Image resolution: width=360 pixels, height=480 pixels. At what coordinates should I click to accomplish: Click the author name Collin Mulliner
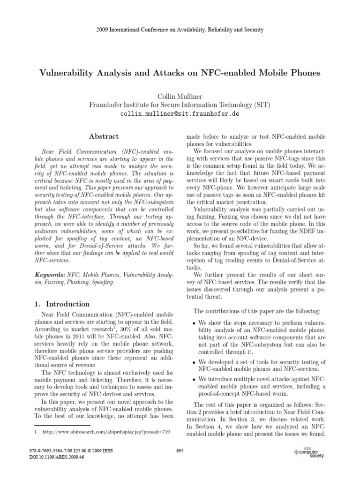point(180,96)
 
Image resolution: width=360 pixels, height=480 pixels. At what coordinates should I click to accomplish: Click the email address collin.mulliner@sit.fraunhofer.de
point(180,114)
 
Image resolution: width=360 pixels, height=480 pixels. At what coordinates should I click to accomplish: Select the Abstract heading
point(104,136)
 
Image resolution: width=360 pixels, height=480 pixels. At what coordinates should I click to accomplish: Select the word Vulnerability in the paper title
point(71,74)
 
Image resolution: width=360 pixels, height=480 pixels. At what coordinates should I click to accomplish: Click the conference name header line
point(180,30)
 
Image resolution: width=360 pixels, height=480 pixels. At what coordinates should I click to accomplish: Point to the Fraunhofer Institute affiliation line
point(180,105)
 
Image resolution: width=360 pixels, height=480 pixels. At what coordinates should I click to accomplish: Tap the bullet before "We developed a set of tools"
point(194,363)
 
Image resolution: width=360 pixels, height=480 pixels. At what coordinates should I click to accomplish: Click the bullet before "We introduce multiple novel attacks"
point(194,379)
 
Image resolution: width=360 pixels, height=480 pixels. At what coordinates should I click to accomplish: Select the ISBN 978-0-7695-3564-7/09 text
point(52,450)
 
